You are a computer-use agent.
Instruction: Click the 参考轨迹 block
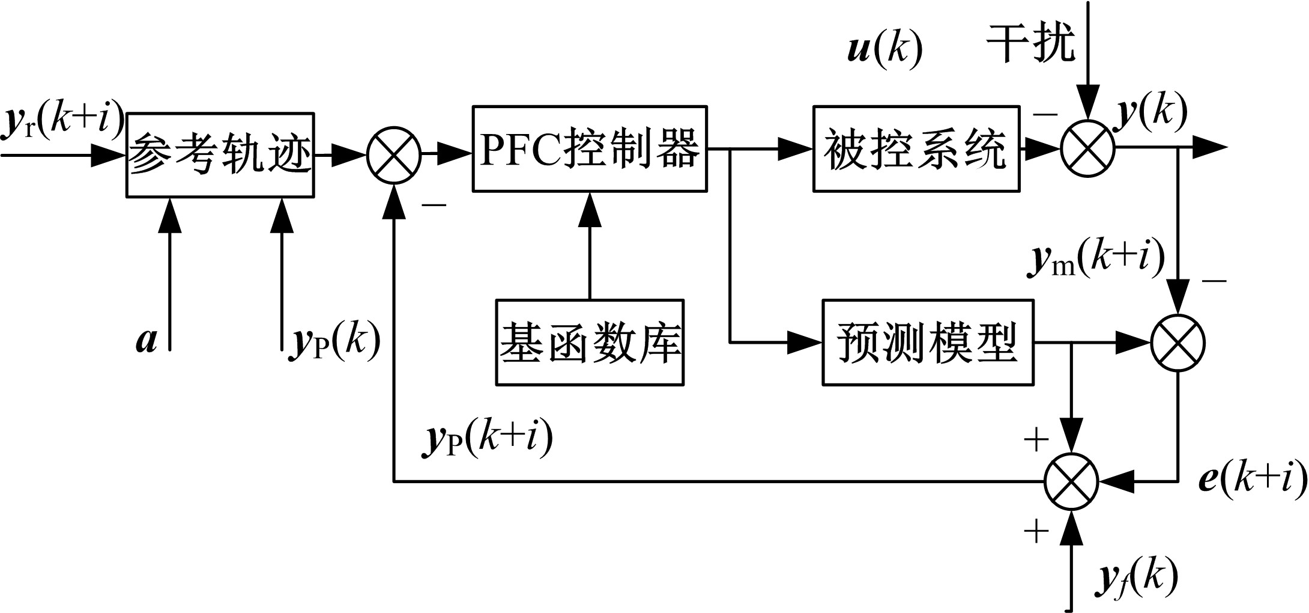pos(220,154)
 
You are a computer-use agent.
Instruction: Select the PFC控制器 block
pos(589,149)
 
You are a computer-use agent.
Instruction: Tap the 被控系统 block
pos(916,149)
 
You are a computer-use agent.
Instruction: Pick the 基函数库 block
pos(589,343)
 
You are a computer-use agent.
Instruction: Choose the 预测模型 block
pos(927,343)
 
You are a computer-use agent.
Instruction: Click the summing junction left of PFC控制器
pos(393,154)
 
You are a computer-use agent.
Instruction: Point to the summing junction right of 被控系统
pos(1087,148)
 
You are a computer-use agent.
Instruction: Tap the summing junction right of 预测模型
pos(1177,343)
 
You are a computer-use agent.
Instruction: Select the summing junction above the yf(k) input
pos(1071,481)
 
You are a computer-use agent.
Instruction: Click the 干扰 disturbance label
pos(1030,43)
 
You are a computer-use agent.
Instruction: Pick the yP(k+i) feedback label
pos(486,439)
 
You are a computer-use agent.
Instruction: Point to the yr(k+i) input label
pos(63,120)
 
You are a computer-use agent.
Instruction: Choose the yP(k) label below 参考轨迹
pos(334,343)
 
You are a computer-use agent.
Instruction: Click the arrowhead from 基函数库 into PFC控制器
pos(589,209)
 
